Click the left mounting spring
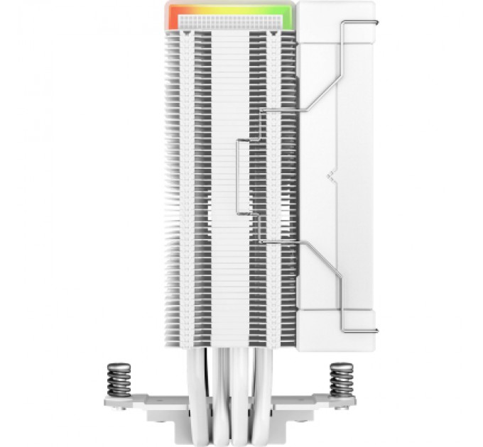click(x=118, y=380)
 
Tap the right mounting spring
click(x=342, y=380)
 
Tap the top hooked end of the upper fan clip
click(x=347, y=23)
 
